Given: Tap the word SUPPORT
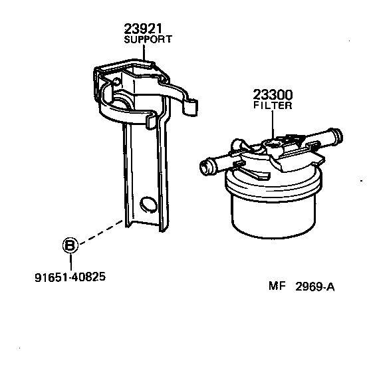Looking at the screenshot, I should pos(148,39).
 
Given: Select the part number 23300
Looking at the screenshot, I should pos(273,95).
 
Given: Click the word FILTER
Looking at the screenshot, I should pos(273,106).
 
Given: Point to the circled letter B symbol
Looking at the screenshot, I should pos(70,245).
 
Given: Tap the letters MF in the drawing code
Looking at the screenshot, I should pos(277,287).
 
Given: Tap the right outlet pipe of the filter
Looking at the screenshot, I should pos(328,139).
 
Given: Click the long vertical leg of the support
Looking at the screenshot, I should pos(143,173).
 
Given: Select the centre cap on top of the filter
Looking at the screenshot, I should pos(273,144).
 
